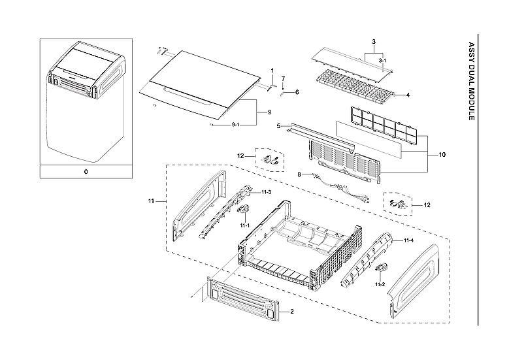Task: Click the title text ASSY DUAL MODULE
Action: (x=472, y=81)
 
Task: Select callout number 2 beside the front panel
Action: (x=291, y=312)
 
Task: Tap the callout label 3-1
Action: (x=382, y=59)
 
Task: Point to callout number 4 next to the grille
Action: (x=407, y=95)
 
